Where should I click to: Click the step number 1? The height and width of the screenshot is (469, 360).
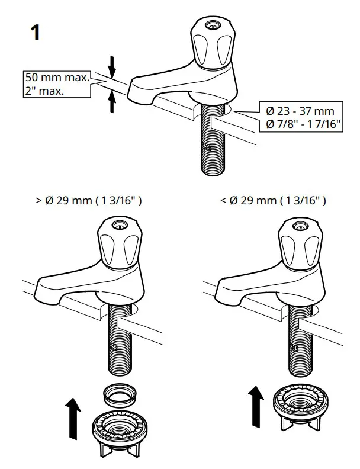coord(35,33)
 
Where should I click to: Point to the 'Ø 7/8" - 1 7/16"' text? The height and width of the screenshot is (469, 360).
coord(303,123)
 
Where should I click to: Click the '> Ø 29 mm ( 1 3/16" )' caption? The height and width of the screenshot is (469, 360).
coord(89,201)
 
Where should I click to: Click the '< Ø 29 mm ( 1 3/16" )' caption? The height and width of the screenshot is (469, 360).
coord(273,201)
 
